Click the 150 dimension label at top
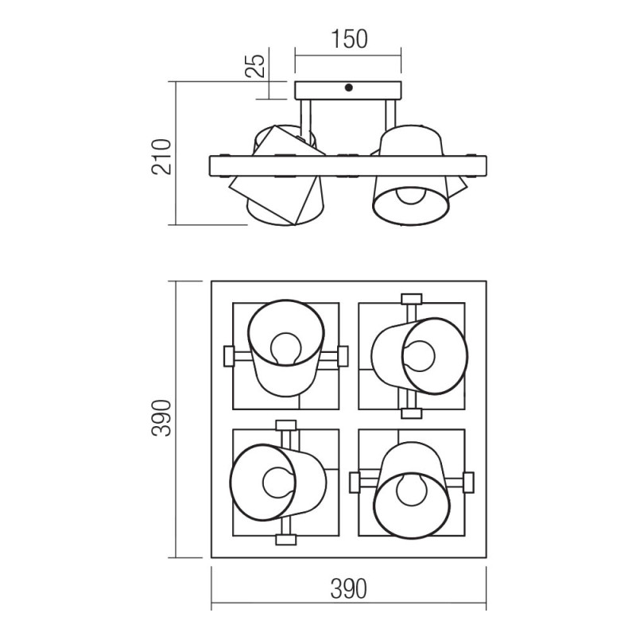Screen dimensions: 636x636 pyautogui.click(x=348, y=39)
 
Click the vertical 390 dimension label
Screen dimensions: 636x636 pyautogui.click(x=161, y=418)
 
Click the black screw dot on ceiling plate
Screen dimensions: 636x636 pyautogui.click(x=348, y=89)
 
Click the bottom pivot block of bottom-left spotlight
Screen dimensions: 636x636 pyautogui.click(x=284, y=540)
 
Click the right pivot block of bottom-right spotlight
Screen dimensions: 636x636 pyautogui.click(x=467, y=479)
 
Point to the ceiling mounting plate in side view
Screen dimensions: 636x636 pyautogui.click(x=348, y=89)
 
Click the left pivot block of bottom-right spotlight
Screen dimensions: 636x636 pyautogui.click(x=355, y=479)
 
